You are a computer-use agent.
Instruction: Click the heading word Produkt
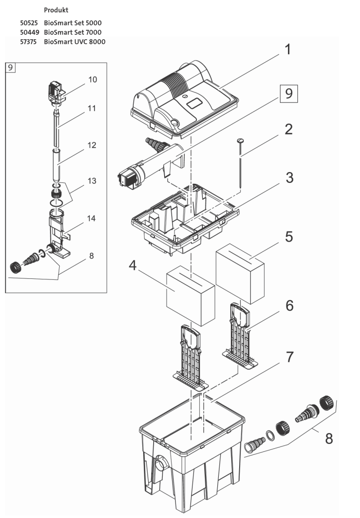coord(56,10)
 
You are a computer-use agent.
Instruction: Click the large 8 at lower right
coord(328,439)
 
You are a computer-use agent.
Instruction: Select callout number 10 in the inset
coord(92,80)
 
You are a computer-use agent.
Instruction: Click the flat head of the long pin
coord(240,142)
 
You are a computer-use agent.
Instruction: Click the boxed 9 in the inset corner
coord(10,68)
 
